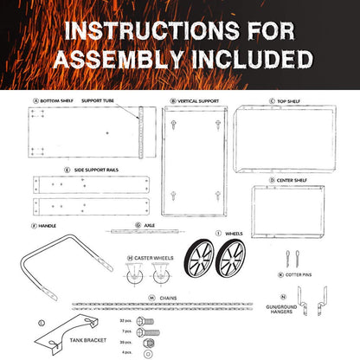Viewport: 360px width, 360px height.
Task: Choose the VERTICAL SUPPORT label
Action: (x=199, y=100)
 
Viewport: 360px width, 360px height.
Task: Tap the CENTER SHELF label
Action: (x=293, y=180)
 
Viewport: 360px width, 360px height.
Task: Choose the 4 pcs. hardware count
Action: (x=127, y=352)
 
